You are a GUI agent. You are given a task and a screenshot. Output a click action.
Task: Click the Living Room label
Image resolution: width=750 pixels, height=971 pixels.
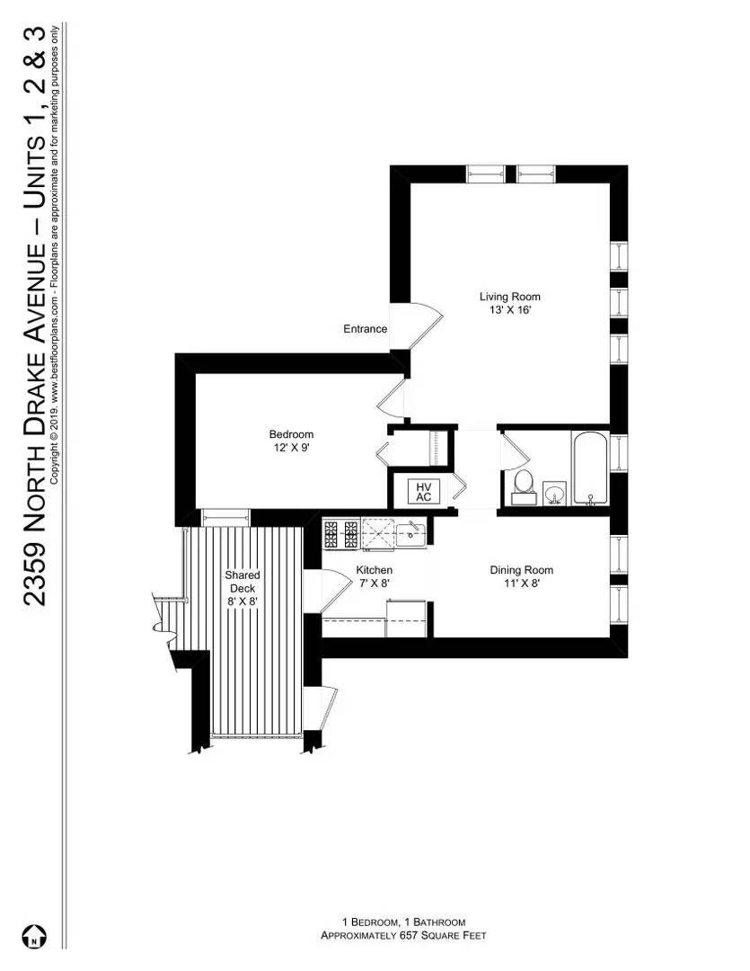click(x=509, y=297)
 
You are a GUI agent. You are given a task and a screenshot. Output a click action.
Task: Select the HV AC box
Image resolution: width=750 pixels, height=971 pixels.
click(x=424, y=492)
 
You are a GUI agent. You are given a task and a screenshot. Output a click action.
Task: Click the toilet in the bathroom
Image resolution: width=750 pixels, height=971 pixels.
click(x=521, y=486)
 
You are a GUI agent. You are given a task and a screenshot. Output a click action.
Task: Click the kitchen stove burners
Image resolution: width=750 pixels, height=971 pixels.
click(x=340, y=534)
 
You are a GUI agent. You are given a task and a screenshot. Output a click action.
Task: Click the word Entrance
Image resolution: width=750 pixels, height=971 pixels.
click(x=366, y=329)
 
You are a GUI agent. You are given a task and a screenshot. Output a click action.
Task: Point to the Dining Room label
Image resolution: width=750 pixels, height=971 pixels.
click(x=521, y=570)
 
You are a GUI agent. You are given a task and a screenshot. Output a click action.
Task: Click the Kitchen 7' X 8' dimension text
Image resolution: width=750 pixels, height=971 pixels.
click(x=374, y=583)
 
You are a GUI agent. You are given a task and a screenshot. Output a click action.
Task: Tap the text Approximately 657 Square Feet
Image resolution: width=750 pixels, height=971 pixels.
click(x=403, y=936)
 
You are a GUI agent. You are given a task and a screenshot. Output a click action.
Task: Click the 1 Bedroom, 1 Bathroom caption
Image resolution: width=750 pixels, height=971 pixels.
click(x=403, y=922)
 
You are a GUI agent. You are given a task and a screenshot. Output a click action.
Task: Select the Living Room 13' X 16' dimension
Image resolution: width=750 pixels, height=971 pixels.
click(x=509, y=310)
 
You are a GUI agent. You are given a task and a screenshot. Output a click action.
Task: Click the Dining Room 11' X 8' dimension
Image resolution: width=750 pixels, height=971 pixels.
click(x=521, y=583)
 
